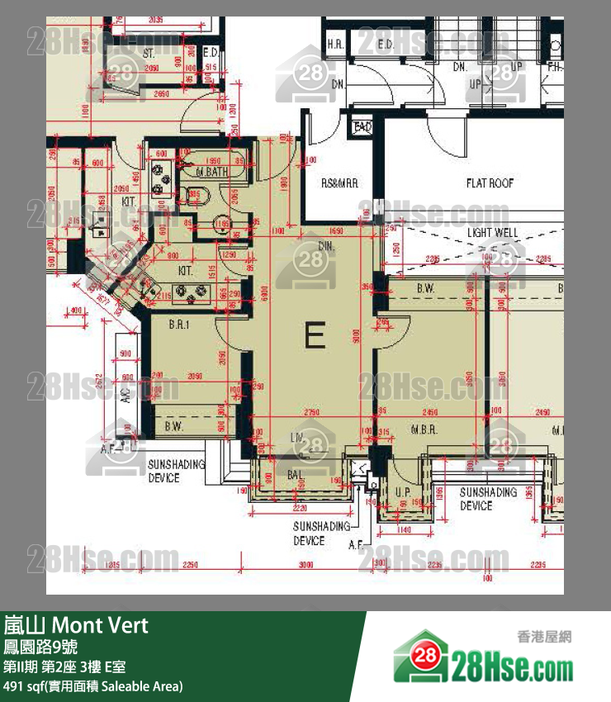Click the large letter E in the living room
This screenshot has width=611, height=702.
pyautogui.click(x=314, y=336)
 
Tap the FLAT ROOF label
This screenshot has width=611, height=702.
pyautogui.click(x=490, y=183)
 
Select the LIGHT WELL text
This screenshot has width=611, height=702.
pyautogui.click(x=493, y=233)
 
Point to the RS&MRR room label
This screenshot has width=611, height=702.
pyautogui.click(x=339, y=183)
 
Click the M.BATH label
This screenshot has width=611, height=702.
pyautogui.click(x=212, y=172)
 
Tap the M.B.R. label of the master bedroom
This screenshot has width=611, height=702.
pyautogui.click(x=424, y=430)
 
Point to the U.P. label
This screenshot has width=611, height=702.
pyautogui.click(x=403, y=492)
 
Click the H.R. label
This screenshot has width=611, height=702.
pyautogui.click(x=335, y=44)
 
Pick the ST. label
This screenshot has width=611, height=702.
pyautogui.click(x=149, y=53)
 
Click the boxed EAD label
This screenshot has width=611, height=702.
pyautogui.click(x=362, y=127)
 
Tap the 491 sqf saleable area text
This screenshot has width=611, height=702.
pyautogui.click(x=92, y=686)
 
